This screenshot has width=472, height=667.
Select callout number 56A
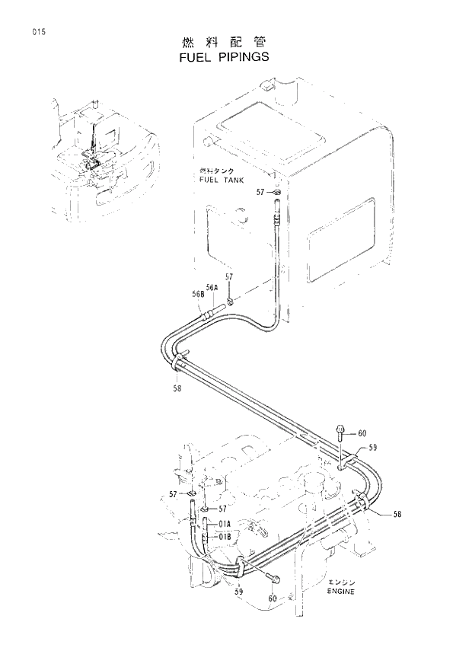[x=212, y=287]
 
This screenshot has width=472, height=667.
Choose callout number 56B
[x=198, y=293]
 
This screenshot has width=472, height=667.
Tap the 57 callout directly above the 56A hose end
[x=229, y=276]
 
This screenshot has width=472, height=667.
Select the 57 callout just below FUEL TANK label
[x=260, y=193]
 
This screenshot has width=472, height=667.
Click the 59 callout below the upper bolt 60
[x=373, y=448]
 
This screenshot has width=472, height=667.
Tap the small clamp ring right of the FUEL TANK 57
[x=275, y=194]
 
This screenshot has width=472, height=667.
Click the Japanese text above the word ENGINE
[x=343, y=581]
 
